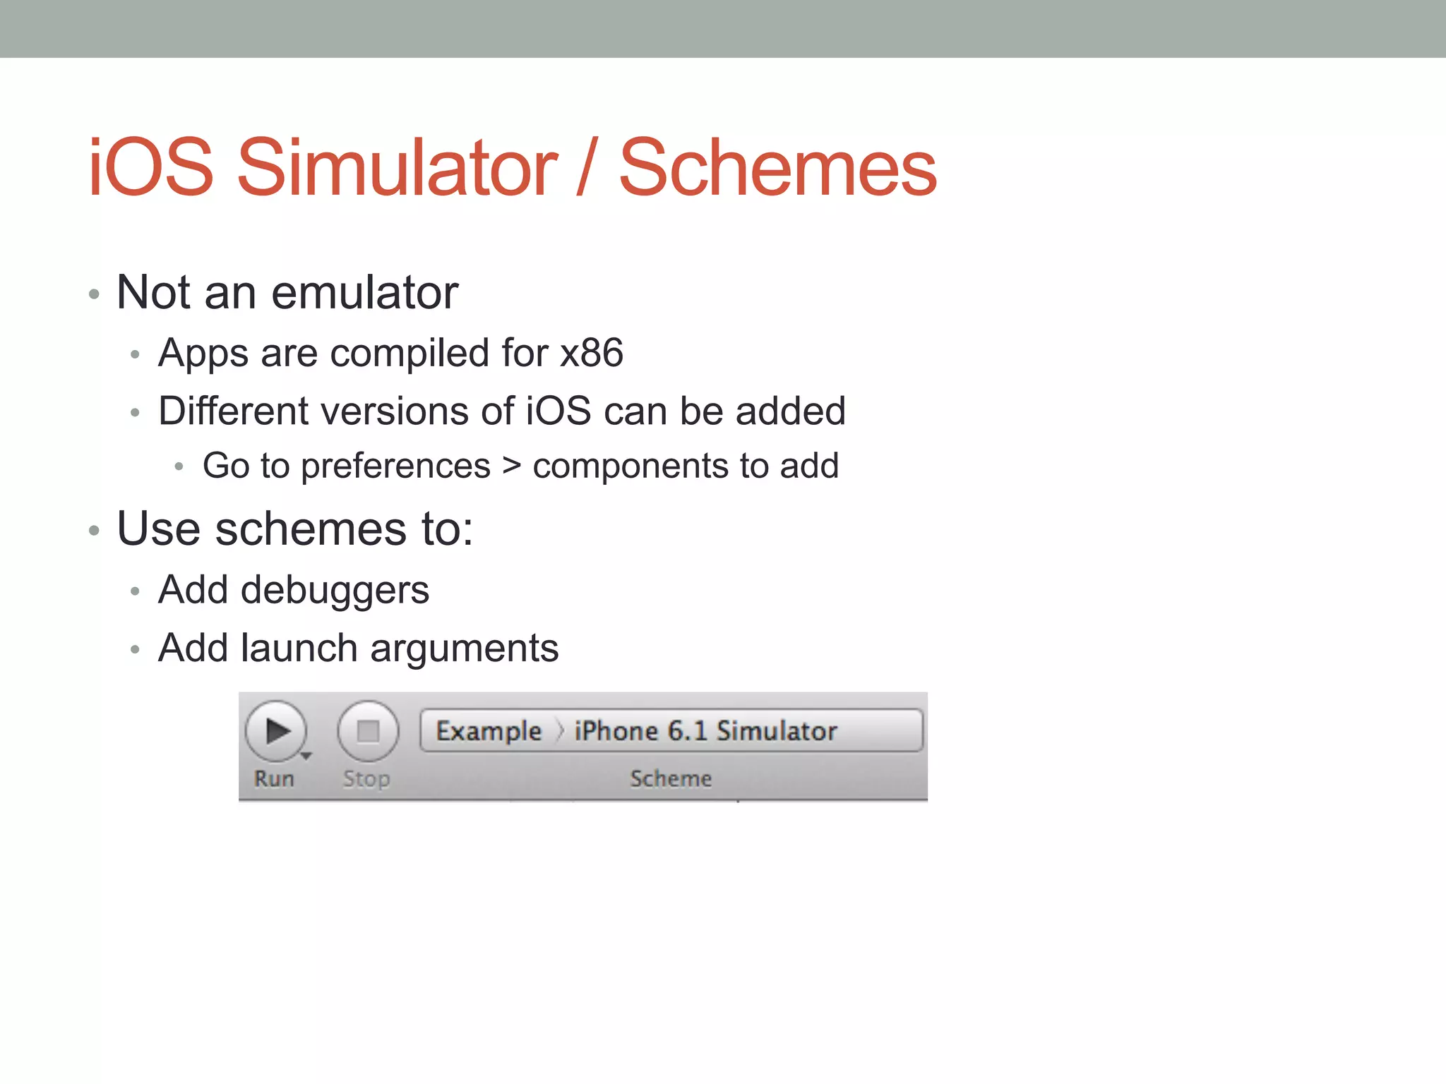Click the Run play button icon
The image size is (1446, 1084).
coord(276,731)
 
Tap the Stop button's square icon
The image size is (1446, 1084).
coord(368,731)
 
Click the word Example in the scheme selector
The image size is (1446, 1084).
coord(489,731)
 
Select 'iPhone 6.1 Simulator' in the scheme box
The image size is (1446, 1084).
coord(705,731)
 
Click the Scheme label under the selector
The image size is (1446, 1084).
coord(671,778)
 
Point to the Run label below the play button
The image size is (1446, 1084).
coord(274,778)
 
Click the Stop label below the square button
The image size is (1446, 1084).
coord(366,778)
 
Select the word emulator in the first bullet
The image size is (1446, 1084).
coord(365,293)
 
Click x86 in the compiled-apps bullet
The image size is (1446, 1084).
coord(592,353)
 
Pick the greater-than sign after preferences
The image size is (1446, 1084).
coord(512,466)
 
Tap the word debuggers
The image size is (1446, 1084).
coord(335,591)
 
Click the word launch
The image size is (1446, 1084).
coord(299,648)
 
